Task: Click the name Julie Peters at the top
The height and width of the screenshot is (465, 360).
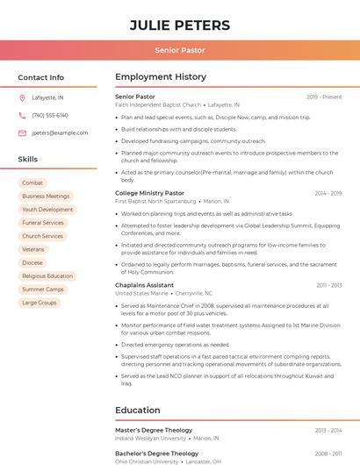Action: (x=180, y=25)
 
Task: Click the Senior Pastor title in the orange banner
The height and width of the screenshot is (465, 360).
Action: (x=180, y=50)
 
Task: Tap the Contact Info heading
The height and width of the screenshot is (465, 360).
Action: (x=40, y=77)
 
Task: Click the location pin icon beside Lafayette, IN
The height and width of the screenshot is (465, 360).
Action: (x=22, y=97)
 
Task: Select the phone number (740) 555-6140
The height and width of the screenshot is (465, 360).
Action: (x=50, y=115)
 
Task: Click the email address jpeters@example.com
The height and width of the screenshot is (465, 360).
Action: (x=60, y=132)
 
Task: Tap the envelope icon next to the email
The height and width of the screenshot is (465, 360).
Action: (x=22, y=132)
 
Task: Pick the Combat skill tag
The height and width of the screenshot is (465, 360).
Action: (x=32, y=182)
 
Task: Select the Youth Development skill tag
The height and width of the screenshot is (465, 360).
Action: (x=47, y=210)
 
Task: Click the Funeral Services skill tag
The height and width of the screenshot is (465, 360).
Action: (x=43, y=223)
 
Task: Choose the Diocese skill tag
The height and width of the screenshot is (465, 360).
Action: (x=32, y=262)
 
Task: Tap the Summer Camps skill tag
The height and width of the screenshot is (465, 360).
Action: (x=43, y=289)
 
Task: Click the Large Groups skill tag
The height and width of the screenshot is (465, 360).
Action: (x=40, y=303)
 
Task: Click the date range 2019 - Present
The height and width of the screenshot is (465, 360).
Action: (x=324, y=97)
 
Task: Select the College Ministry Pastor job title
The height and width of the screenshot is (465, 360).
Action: (x=149, y=192)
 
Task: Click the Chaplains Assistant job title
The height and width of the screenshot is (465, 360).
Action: (x=144, y=285)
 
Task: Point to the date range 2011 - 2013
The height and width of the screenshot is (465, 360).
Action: (x=329, y=285)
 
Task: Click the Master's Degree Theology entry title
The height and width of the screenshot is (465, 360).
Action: (x=154, y=430)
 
